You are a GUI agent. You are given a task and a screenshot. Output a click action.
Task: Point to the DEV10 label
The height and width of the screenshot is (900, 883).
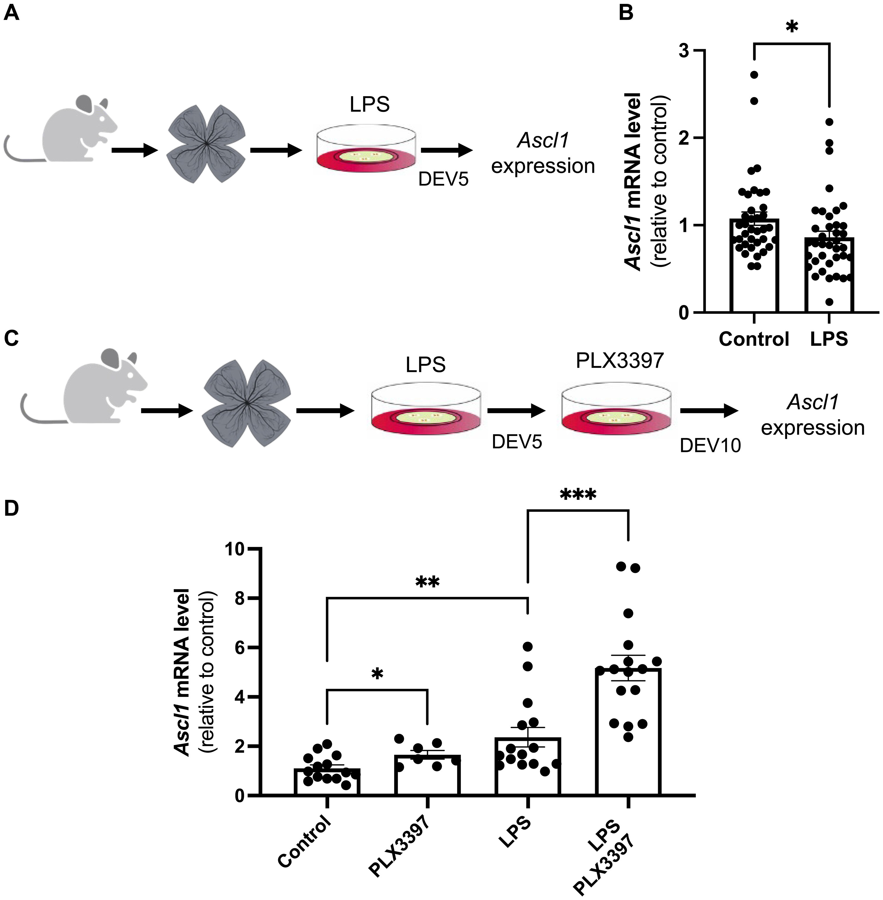(710, 446)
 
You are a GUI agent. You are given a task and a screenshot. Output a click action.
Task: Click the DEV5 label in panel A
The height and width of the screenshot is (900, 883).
(443, 179)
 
